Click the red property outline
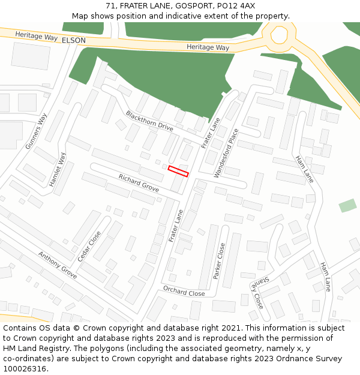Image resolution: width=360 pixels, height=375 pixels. [x=178, y=171]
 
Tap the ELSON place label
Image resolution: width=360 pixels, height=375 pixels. [x=74, y=40]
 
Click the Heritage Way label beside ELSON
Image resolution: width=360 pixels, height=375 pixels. [x=36, y=37]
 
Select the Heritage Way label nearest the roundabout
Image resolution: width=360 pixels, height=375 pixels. [x=208, y=47]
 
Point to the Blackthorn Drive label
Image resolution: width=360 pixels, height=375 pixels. [x=149, y=121]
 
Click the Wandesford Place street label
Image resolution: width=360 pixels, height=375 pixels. [x=226, y=153]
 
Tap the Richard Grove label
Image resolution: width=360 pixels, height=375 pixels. [x=139, y=183]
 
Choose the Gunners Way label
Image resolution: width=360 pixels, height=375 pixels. [x=36, y=131]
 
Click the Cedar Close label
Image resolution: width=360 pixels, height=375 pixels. [x=89, y=246]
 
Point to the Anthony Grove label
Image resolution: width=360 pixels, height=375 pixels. [x=58, y=265]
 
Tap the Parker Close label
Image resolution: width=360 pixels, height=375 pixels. [x=219, y=261]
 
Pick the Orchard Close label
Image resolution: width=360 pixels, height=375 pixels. [x=184, y=292]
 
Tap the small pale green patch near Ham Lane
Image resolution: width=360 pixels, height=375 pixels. [x=347, y=206]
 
